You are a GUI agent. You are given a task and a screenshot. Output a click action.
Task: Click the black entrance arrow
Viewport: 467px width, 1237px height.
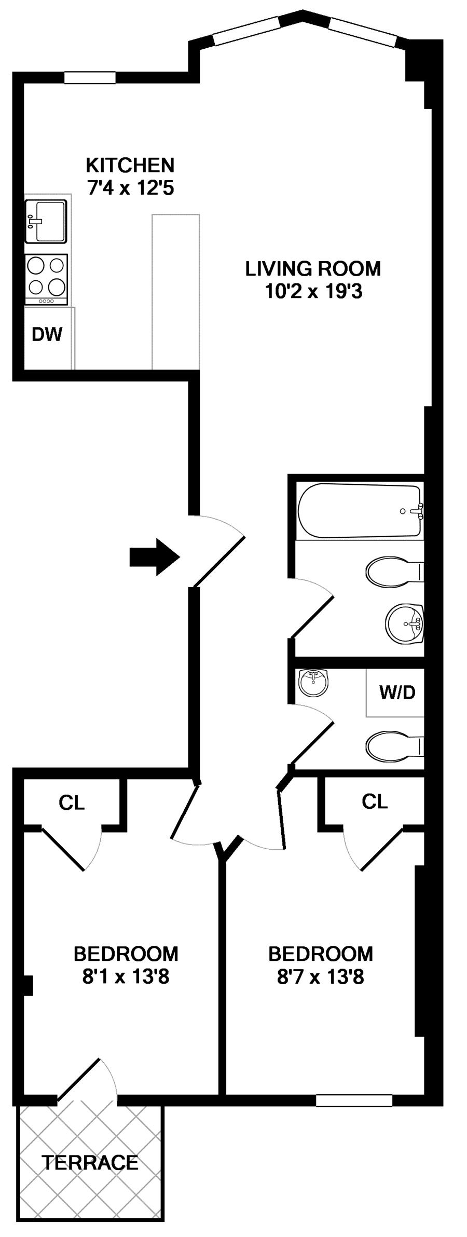155,557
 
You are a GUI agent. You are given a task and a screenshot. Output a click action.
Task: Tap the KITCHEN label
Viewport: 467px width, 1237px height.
130,165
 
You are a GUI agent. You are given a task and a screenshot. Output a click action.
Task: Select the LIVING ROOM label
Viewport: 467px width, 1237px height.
313,268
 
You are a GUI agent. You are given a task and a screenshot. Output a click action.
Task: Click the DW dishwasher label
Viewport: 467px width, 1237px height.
47,334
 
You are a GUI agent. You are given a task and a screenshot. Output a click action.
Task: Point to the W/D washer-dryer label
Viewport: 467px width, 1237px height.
397,692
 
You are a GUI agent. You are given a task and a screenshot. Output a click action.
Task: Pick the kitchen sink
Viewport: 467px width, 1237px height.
46,222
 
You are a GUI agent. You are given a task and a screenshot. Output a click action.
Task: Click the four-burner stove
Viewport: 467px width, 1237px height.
46,279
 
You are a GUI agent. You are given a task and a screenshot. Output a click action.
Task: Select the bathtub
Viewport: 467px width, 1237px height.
360,511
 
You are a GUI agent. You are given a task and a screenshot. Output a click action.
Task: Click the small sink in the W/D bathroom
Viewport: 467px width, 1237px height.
314,683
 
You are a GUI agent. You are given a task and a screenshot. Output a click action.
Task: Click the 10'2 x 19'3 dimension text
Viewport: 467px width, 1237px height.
313,291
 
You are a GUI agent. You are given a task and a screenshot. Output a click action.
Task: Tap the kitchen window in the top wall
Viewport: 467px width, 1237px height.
90,77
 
